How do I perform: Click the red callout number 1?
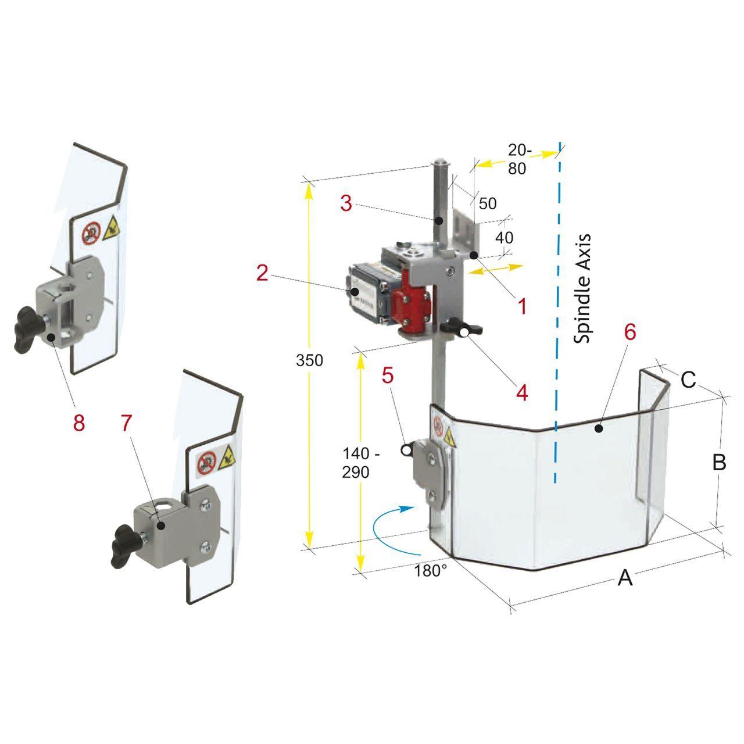click(522, 306)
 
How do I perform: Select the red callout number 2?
click(262, 273)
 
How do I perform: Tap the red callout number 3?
click(346, 203)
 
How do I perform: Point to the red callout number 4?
click(522, 393)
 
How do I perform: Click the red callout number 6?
click(629, 332)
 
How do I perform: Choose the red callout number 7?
click(126, 423)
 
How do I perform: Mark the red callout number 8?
click(79, 423)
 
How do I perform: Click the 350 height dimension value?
click(309, 360)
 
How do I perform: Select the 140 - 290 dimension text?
click(360, 463)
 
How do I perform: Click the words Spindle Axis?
click(582, 288)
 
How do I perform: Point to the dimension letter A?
click(625, 578)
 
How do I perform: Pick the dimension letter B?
click(719, 462)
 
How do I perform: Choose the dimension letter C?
click(688, 380)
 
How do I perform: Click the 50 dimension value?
click(488, 203)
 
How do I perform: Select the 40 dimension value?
click(505, 238)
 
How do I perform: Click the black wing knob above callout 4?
click(462, 328)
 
